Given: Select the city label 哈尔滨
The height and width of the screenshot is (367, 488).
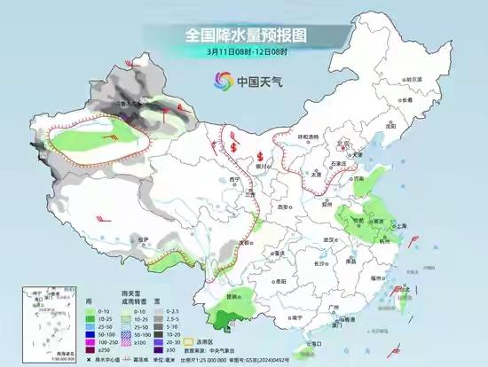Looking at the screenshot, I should [x=414, y=79].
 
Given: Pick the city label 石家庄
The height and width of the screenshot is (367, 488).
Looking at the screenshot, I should [x=335, y=164].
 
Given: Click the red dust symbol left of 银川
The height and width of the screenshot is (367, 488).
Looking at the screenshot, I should [x=232, y=144].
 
